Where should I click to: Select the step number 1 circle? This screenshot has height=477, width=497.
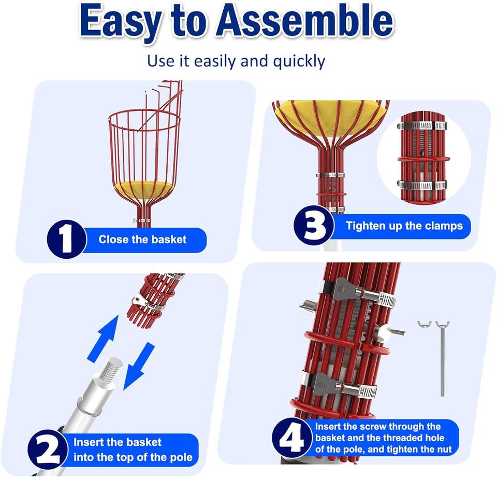click(67, 239)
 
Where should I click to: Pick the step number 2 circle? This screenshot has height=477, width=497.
click(48, 450)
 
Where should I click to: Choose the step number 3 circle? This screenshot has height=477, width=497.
click(314, 226)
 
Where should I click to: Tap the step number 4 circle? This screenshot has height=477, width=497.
click(291, 438)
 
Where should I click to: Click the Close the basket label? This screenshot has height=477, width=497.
click(142, 240)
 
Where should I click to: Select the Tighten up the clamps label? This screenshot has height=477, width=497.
click(404, 226)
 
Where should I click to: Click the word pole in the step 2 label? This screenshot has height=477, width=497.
click(181, 457)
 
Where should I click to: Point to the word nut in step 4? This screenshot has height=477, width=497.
click(444, 450)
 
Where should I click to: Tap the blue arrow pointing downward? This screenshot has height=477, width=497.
click(139, 366)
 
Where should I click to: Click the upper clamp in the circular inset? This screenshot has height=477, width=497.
click(422, 125)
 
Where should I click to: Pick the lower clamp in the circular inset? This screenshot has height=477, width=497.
click(422, 185)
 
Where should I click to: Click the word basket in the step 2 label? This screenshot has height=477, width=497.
click(144, 442)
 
